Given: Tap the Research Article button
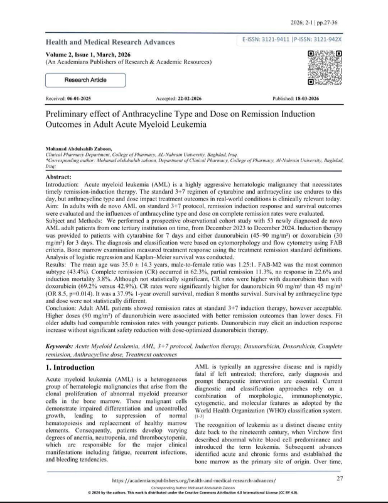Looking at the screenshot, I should pyautogui.click(x=85, y=80).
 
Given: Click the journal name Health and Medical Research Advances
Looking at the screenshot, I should pyautogui.click(x=110, y=42).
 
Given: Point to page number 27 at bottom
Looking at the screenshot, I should pyautogui.click(x=340, y=479).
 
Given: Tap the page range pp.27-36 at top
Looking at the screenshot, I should pyautogui.click(x=328, y=23).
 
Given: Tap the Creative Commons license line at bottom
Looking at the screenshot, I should pyautogui.click(x=193, y=493).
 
